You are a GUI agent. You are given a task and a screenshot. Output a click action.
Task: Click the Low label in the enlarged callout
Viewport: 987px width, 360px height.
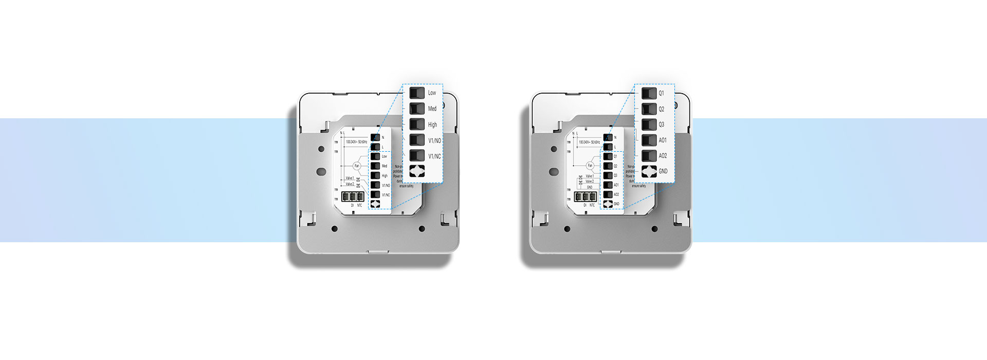[x=432, y=93]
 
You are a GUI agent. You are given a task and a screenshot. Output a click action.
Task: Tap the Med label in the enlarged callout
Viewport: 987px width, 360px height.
[x=432, y=109]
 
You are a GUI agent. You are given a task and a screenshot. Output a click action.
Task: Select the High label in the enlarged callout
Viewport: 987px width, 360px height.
[x=432, y=124]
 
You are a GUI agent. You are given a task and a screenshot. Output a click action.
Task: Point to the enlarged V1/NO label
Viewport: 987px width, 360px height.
[x=434, y=140]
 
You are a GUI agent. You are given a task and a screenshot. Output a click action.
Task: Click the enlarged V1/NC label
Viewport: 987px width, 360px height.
[x=434, y=156]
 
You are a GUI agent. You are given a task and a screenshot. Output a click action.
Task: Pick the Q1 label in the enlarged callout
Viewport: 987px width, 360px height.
[x=662, y=93]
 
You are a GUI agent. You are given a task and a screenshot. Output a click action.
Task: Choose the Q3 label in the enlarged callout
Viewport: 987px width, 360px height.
[x=662, y=124]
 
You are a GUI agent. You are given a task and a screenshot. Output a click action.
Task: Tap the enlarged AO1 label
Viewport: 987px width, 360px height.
[x=663, y=140]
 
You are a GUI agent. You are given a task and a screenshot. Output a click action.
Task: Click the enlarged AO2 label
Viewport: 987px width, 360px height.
[x=663, y=156]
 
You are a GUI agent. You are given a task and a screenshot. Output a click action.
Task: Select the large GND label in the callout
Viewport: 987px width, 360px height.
[x=663, y=171]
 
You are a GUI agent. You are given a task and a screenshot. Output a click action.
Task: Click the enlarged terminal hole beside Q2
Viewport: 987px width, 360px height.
[x=649, y=109]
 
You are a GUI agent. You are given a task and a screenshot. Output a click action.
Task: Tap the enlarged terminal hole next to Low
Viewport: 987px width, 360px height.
[x=417, y=93]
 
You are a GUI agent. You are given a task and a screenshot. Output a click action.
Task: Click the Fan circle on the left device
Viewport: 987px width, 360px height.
[x=357, y=166]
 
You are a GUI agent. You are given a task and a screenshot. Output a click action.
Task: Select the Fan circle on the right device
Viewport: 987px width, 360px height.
[x=590, y=166]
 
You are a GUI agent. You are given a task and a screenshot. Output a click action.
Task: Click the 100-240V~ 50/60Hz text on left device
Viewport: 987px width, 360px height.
[x=356, y=141]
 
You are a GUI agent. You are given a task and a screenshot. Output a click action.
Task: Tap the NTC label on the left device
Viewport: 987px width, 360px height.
[x=359, y=205]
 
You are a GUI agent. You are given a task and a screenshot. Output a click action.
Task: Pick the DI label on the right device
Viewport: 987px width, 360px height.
[x=585, y=205]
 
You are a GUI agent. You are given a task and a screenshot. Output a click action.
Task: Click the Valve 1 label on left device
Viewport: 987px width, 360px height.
[x=350, y=178]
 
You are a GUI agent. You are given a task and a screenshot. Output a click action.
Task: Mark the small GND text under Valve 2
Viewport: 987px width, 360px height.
[x=590, y=187]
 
